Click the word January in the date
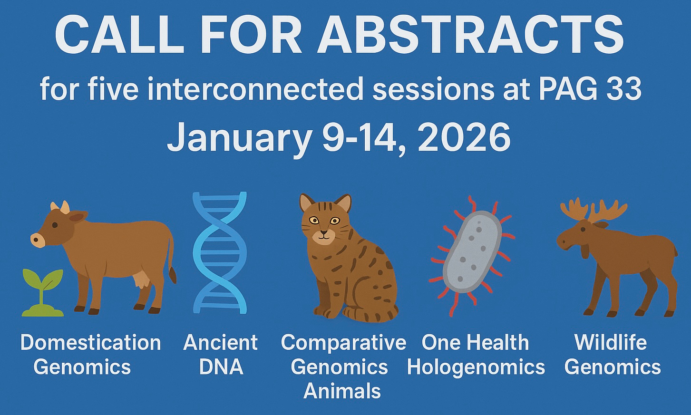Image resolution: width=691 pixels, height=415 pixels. tap(239, 139)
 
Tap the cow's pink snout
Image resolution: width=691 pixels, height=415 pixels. tap(38, 240)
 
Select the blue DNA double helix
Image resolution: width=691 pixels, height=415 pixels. tap(220, 253)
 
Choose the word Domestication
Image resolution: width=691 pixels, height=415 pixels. tap(91, 343)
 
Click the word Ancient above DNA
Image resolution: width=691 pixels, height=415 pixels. tap(220, 343)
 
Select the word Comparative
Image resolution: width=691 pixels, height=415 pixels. tap(343, 343)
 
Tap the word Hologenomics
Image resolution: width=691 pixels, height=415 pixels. tap(476, 367)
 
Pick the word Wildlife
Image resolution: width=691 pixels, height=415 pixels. tap(611, 342)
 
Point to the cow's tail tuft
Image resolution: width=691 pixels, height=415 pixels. tap(173, 275)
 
